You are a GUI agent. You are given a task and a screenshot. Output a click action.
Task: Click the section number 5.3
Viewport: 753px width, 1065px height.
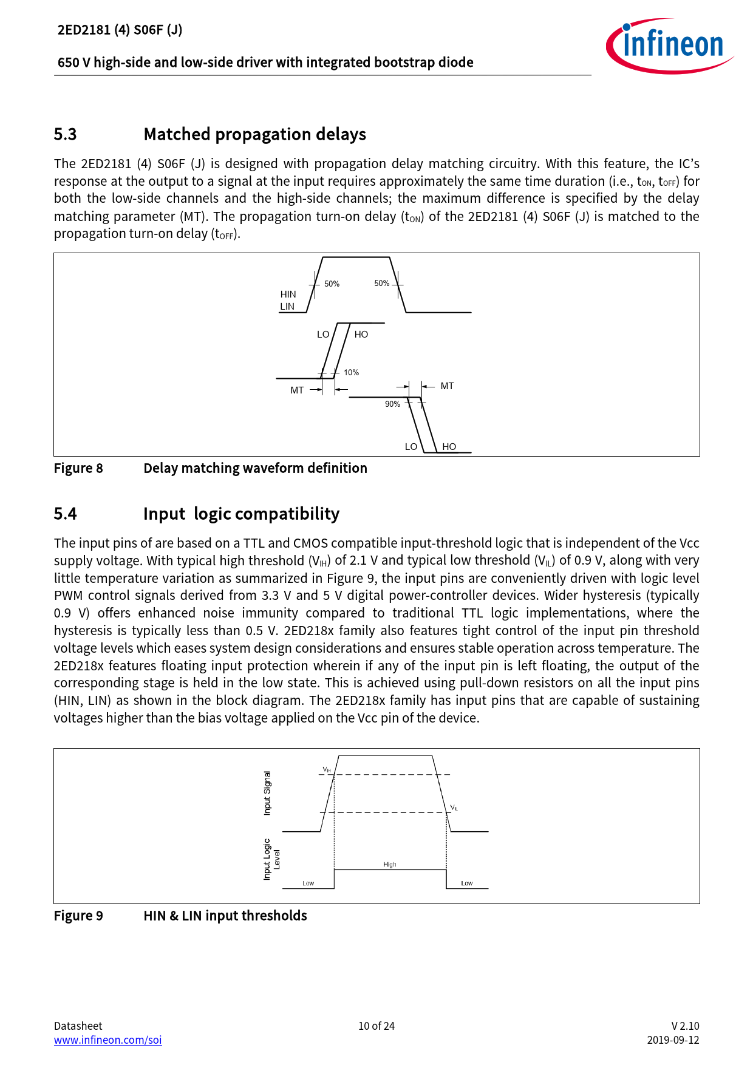[x=66, y=134]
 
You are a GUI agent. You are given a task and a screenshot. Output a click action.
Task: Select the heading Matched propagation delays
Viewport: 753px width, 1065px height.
[x=254, y=134]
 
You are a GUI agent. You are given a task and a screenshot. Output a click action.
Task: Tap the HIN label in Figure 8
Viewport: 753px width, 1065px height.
[x=288, y=294]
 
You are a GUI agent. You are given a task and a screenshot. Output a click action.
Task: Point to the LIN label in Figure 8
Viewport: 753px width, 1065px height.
[x=287, y=307]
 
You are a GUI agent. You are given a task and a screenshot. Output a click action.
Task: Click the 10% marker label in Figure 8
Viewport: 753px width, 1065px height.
[x=351, y=373]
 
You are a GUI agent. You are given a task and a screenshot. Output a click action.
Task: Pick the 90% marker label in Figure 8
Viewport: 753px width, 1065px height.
[x=392, y=404]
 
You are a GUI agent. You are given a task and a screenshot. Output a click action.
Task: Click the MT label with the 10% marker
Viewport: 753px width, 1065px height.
[x=297, y=390]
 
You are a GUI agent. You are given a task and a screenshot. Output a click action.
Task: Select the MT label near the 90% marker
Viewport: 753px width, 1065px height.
[x=447, y=386]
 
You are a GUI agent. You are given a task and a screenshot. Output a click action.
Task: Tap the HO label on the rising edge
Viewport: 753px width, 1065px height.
[x=361, y=335]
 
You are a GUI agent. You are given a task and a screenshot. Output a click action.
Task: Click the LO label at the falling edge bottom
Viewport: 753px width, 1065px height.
[x=411, y=447]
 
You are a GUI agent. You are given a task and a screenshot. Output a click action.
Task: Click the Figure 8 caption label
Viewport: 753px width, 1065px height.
[x=78, y=468]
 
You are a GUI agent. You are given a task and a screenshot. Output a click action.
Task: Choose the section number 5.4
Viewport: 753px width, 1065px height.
[x=66, y=514]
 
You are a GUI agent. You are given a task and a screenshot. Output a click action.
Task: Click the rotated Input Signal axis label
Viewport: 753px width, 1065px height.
[x=267, y=793]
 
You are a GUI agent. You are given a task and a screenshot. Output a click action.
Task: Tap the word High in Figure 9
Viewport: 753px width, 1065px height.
[x=390, y=865]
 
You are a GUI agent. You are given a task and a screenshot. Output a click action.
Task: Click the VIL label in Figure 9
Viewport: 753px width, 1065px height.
[x=454, y=808]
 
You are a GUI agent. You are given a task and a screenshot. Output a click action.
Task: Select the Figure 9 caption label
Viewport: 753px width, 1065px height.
[x=78, y=916]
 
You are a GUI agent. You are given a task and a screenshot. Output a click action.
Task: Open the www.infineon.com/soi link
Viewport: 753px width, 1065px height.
[x=108, y=1040]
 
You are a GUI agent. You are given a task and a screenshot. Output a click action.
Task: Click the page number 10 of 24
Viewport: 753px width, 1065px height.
[x=376, y=1026]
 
